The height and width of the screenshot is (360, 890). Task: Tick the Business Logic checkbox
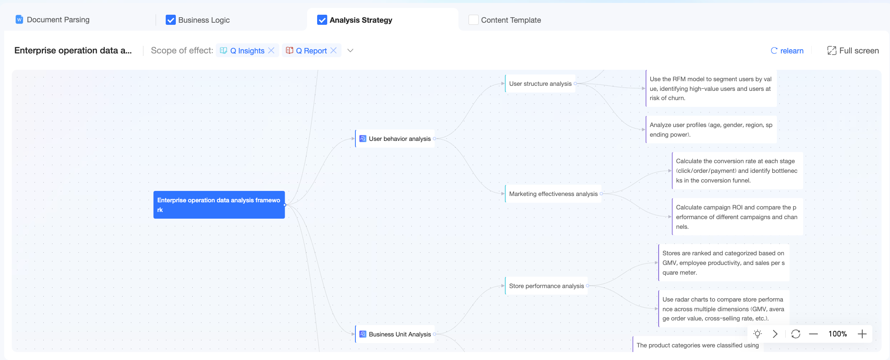point(171,20)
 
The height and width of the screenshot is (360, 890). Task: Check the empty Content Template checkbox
point(474,20)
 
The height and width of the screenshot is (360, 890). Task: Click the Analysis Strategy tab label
point(361,20)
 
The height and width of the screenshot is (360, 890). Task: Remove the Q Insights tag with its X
point(271,50)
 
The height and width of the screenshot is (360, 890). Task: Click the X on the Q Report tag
point(334,50)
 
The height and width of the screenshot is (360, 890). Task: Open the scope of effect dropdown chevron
point(350,50)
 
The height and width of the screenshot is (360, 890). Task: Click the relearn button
point(787,50)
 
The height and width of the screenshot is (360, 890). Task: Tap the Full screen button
point(853,50)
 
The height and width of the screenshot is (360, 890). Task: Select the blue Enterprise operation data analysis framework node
point(219,205)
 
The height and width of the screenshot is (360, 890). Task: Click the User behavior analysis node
point(395,139)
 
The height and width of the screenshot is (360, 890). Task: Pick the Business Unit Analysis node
point(395,334)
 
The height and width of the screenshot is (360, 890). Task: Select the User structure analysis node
point(540,84)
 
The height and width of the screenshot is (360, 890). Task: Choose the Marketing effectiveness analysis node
point(553,194)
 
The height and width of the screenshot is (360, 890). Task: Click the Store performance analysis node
point(546,286)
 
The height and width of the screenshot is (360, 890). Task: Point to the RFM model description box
point(711,88)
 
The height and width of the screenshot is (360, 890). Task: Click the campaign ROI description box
point(737,217)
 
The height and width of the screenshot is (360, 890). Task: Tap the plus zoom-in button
point(862,334)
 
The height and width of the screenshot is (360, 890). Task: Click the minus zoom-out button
point(813,334)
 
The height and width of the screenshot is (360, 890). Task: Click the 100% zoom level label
point(838,334)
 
